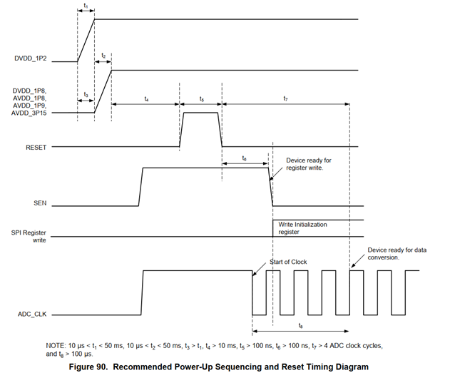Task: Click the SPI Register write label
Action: [29, 236]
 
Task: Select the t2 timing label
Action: [103, 56]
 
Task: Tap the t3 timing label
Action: [86, 95]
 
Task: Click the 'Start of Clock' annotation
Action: [288, 262]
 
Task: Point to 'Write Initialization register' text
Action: [302, 228]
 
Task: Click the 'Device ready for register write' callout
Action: [309, 164]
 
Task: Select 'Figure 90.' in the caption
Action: [109, 367]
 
